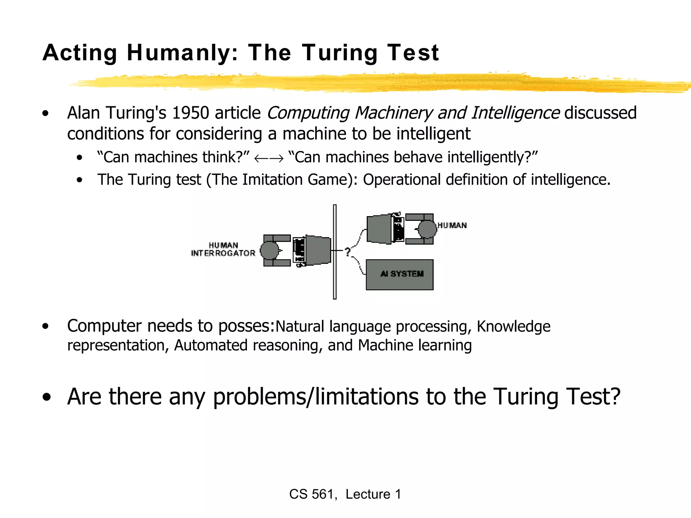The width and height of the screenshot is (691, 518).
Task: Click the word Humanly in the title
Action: coord(182,53)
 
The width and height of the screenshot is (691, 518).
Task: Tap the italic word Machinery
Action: coord(393,113)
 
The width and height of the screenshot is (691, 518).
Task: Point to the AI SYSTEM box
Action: coord(399,275)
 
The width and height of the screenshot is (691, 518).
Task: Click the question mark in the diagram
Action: coord(348,251)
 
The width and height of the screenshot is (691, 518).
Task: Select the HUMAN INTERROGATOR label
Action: coord(223,249)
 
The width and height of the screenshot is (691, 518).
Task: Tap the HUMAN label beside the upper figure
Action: coord(452,225)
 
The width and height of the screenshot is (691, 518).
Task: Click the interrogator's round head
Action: coord(269,251)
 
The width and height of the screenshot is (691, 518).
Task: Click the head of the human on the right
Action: coord(427,229)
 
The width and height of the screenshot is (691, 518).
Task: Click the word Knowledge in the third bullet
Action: coord(513,326)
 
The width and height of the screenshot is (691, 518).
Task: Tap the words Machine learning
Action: coord(415,345)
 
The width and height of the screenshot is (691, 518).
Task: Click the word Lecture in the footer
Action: coord(368,494)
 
